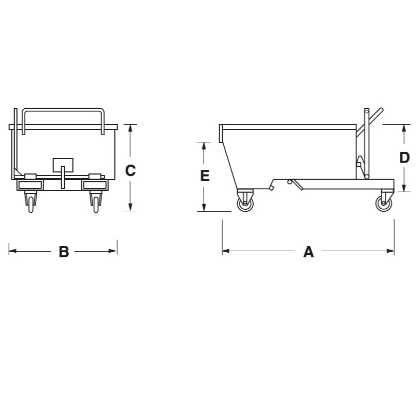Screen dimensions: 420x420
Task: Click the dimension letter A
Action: [x=308, y=252]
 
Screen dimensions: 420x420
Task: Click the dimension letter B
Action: [x=64, y=252]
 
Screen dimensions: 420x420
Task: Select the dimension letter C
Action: [x=131, y=170]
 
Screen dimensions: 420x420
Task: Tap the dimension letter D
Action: [x=404, y=157]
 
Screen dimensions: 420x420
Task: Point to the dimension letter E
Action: [x=205, y=176]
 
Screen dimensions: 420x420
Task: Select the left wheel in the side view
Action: [x=245, y=204]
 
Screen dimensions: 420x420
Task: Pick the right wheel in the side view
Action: [x=384, y=204]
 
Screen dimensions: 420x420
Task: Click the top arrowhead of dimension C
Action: [x=130, y=128]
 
